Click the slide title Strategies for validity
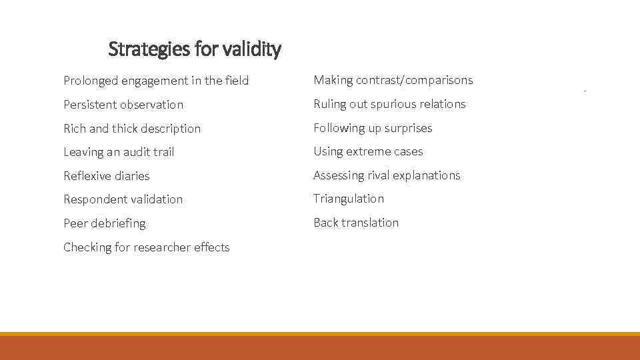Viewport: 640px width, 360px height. (195, 49)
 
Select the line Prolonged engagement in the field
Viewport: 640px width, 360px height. (156, 81)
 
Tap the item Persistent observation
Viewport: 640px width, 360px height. (123, 105)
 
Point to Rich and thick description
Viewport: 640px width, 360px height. (132, 129)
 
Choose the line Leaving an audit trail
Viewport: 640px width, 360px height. (119, 152)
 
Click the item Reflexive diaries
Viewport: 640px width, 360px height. (107, 176)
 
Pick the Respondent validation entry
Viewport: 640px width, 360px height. (123, 199)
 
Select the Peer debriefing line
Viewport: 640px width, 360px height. (104, 223)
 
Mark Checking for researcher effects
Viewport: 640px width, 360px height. (146, 247)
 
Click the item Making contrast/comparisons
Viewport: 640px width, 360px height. (393, 80)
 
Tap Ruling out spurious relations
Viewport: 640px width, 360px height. (390, 104)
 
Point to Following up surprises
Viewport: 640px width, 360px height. (373, 128)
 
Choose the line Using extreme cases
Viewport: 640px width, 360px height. (369, 151)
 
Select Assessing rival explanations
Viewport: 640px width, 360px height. (387, 175)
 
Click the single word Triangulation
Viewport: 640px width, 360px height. (349, 199)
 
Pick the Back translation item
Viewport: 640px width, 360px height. (356, 223)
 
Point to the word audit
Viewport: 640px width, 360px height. (131, 152)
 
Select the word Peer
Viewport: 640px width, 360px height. (75, 223)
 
